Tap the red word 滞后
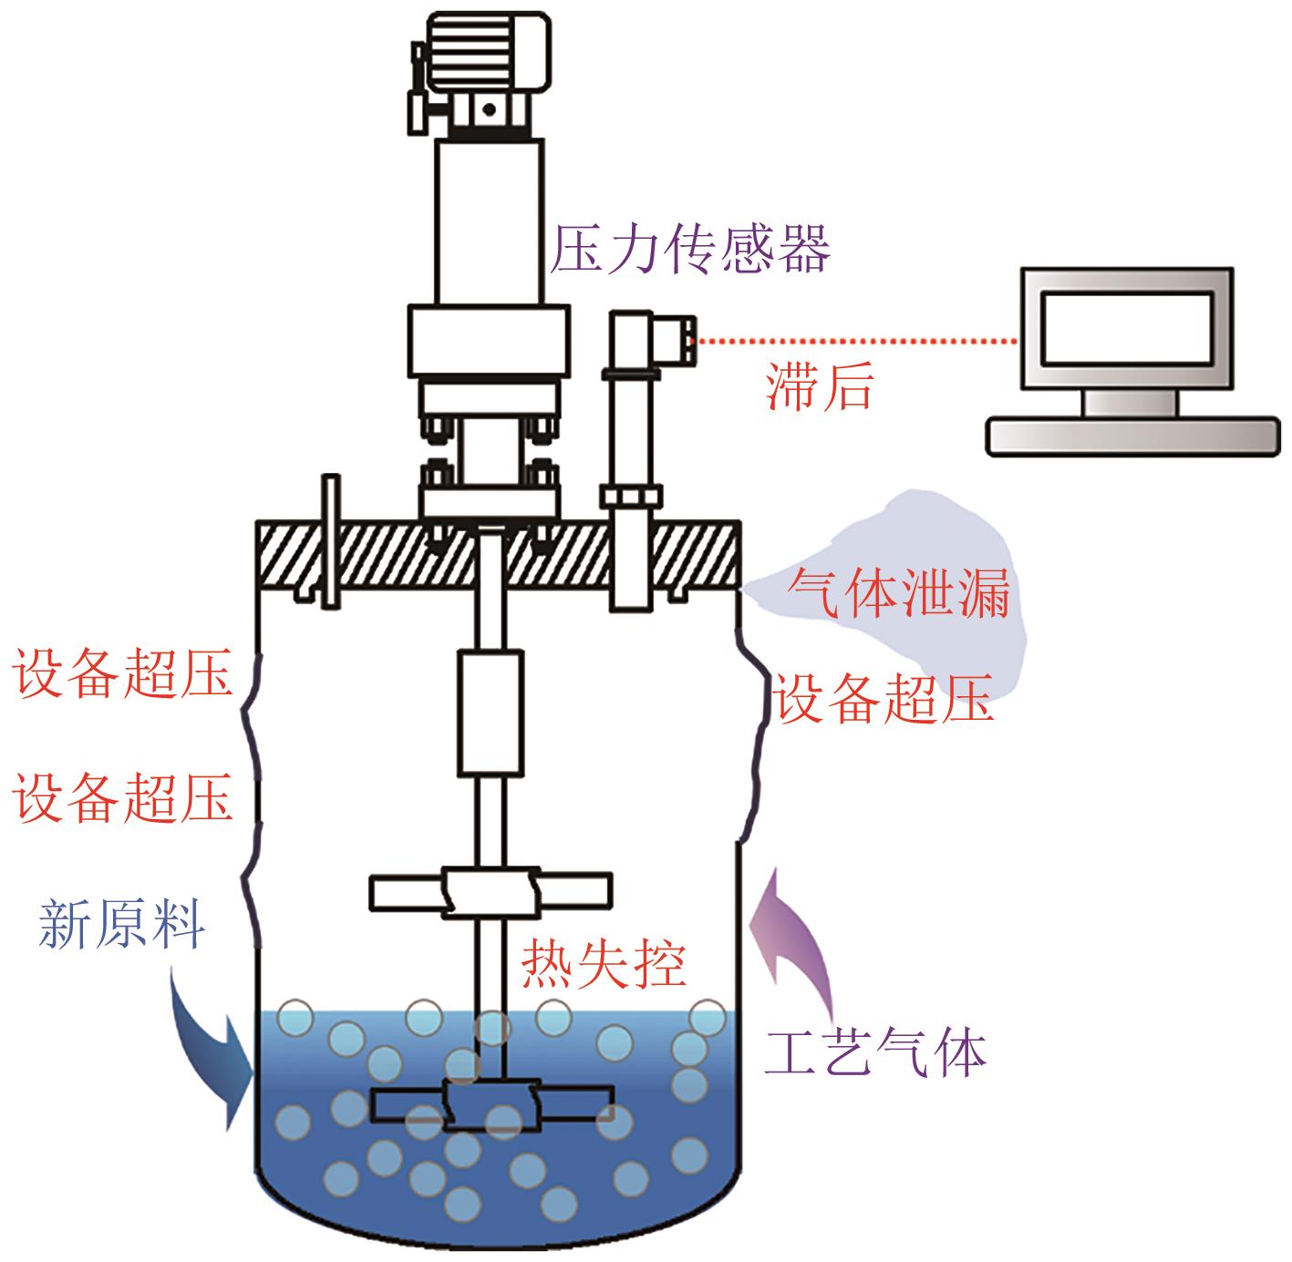pyautogui.click(x=820, y=387)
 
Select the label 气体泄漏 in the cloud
pyautogui.click(x=900, y=593)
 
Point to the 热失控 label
pyautogui.click(x=604, y=964)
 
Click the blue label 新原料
pyautogui.click(x=121, y=925)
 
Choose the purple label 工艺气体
pyautogui.click(x=876, y=1053)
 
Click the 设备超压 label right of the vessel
pyautogui.click(x=884, y=700)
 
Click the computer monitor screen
pyautogui.click(x=1127, y=328)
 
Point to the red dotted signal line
pyautogui.click(x=857, y=342)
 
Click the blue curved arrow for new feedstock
pyautogui.click(x=213, y=1048)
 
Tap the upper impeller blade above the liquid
pyautogui.click(x=491, y=891)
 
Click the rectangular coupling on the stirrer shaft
pyautogui.click(x=491, y=712)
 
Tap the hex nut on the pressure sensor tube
pyautogui.click(x=629, y=497)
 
